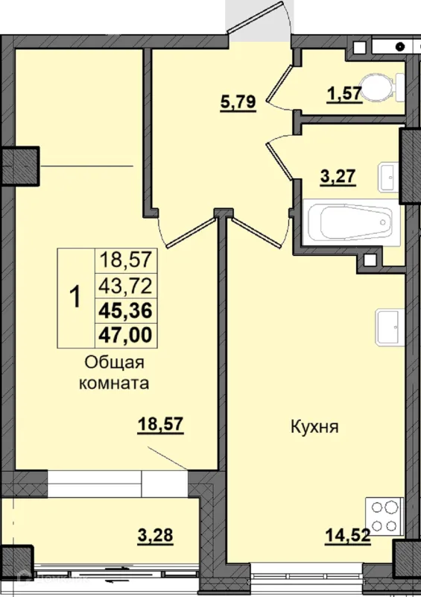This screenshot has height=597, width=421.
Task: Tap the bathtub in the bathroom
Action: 351,222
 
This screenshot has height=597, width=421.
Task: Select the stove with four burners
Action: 384,516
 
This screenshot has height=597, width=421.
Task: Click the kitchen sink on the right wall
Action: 390,328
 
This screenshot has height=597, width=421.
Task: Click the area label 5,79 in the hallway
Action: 238,102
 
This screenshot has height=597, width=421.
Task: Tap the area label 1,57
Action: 344,93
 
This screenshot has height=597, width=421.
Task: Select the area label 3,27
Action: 338,177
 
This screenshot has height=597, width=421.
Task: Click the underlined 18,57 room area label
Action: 161,425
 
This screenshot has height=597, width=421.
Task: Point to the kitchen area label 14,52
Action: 347,536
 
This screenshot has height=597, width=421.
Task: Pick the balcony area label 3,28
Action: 155,535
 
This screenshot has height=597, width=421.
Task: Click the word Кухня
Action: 314,427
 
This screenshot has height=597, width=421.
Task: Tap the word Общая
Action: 115,363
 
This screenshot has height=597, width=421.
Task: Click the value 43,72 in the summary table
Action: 125,286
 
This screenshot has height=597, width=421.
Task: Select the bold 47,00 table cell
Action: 125,335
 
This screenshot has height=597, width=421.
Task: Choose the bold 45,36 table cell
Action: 125,310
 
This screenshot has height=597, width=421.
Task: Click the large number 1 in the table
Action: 76,298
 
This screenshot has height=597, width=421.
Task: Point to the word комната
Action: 114,383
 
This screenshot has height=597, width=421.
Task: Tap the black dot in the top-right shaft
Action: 399,47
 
